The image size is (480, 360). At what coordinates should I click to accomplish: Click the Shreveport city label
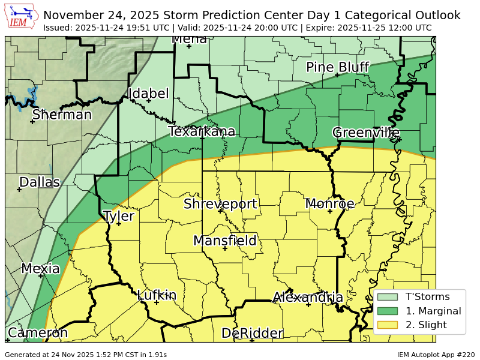tap(220, 204)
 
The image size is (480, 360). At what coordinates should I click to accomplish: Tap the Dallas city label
tap(40, 182)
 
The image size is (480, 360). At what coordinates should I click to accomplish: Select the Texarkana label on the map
tap(202, 131)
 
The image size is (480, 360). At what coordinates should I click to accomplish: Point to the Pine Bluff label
tap(337, 67)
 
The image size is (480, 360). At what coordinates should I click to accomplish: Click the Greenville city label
tap(366, 133)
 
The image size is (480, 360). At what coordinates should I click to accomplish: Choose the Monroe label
tap(330, 204)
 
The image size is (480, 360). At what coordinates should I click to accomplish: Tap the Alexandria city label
tap(308, 298)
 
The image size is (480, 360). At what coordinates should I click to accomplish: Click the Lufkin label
tap(157, 295)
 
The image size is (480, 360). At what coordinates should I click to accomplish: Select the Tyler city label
tap(119, 217)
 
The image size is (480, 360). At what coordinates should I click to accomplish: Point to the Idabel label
tap(149, 94)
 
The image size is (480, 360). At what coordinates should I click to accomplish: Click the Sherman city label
tap(62, 115)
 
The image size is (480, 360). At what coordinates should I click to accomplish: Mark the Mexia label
tap(41, 269)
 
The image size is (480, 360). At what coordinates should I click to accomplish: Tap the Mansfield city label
tap(225, 241)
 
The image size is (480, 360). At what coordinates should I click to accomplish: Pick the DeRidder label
tap(252, 334)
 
